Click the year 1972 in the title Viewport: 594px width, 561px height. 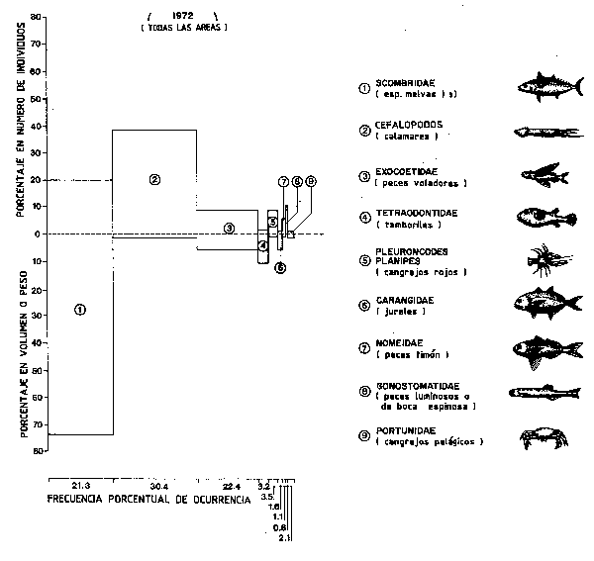pyautogui.click(x=180, y=17)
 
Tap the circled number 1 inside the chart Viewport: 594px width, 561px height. pyautogui.click(x=80, y=310)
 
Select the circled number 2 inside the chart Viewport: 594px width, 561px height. pyautogui.click(x=154, y=179)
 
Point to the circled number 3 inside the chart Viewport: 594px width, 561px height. pyautogui.click(x=229, y=228)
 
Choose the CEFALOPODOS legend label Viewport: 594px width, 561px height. pyautogui.click(x=415, y=125)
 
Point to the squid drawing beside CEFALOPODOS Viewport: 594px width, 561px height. pyautogui.click(x=541, y=131)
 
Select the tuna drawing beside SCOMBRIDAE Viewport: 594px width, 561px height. pyautogui.click(x=543, y=86)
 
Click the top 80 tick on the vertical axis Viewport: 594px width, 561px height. pyautogui.click(x=36, y=18)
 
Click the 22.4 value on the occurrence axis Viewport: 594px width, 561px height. pyautogui.click(x=231, y=487)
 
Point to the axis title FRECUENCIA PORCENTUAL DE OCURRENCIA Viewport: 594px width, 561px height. pyautogui.click(x=148, y=499)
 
